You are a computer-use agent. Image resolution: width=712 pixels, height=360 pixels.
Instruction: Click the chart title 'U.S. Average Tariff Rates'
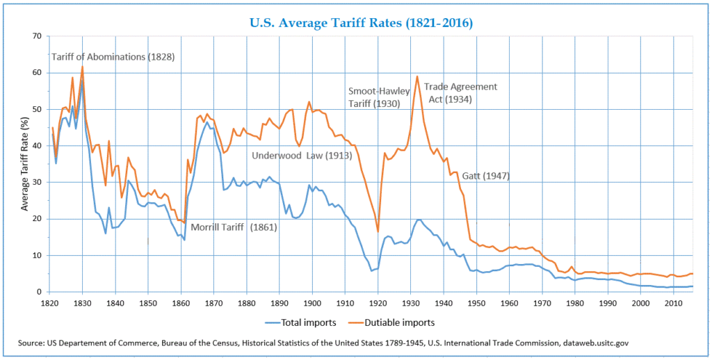point(360,23)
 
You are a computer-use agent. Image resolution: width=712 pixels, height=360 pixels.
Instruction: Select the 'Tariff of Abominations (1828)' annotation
point(113,56)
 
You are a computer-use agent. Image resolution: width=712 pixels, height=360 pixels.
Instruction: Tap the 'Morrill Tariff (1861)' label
point(234,227)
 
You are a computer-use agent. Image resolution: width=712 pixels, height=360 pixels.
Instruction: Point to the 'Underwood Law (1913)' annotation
point(302,155)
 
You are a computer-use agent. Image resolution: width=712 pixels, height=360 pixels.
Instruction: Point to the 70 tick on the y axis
point(37,36)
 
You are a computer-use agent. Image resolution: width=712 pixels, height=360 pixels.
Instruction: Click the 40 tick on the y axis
point(37,146)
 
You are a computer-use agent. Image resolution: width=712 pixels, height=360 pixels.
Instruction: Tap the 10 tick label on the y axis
point(37,256)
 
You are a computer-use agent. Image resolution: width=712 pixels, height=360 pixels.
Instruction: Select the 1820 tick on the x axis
point(49,304)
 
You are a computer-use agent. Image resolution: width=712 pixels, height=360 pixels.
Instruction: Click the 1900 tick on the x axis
point(312,304)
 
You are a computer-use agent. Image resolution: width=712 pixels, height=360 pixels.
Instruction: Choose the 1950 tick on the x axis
point(477,304)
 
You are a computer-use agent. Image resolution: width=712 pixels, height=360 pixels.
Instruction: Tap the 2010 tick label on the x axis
point(674,304)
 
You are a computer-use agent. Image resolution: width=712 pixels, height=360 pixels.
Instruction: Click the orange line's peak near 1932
point(417,76)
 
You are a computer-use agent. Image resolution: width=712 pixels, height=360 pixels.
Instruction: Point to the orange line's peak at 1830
point(82,67)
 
